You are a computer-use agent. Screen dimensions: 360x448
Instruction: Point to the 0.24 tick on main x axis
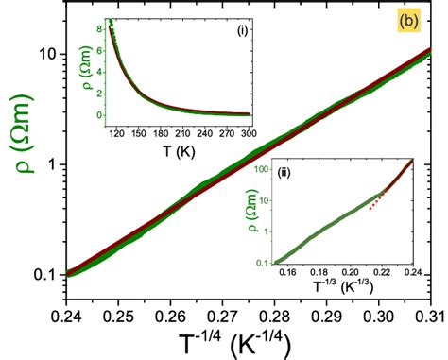(66, 310)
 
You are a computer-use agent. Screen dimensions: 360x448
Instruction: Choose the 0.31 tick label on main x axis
(430, 310)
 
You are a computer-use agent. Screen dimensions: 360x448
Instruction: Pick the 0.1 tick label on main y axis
(42, 275)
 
